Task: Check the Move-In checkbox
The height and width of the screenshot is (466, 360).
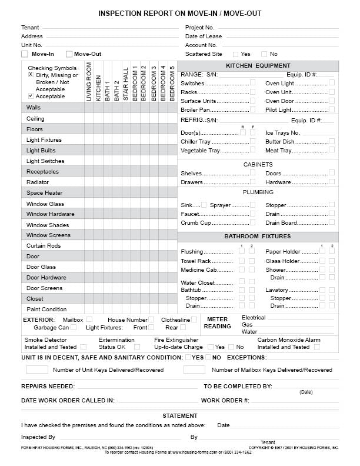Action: tap(25, 54)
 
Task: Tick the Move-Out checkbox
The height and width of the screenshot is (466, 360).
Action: tap(69, 54)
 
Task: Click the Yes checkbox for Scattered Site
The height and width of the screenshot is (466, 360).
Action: tap(235, 54)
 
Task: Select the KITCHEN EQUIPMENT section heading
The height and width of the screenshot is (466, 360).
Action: tap(258, 66)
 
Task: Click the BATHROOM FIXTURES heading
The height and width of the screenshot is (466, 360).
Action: tap(258, 236)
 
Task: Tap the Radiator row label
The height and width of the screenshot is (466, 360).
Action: tap(38, 182)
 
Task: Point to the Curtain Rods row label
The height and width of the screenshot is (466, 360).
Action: tap(44, 246)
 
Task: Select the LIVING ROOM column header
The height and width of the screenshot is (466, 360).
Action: tap(89, 82)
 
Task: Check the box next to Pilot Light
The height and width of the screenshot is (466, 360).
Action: tap(332, 109)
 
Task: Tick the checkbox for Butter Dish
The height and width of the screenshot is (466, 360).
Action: tap(332, 141)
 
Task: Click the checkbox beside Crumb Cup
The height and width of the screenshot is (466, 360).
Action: tap(252, 223)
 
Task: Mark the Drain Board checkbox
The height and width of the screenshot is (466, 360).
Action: tap(332, 223)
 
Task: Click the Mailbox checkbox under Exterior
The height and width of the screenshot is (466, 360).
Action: tap(97, 319)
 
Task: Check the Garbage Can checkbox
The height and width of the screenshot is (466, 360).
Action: tap(74, 328)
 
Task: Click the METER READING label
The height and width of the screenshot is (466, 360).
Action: tap(218, 323)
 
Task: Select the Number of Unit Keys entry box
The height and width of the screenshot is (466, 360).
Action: tap(37, 370)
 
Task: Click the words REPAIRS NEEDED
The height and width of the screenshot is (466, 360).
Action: tap(48, 387)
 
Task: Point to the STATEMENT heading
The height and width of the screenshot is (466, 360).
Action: tap(180, 416)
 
